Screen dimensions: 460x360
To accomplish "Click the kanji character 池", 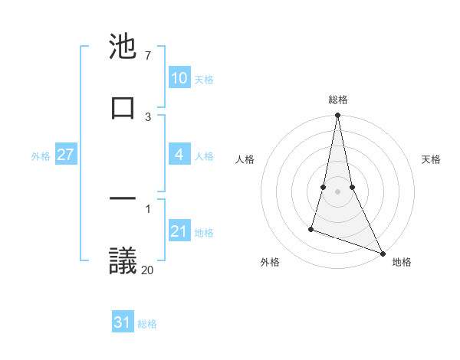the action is tap(123, 47).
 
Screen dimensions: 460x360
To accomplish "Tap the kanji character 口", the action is tap(123, 106).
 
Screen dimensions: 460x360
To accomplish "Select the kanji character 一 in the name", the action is tap(123, 200).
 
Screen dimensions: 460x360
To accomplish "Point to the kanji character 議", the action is tap(123, 260).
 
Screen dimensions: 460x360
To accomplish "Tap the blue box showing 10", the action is tap(179, 78).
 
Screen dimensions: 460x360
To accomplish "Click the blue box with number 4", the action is tap(179, 155).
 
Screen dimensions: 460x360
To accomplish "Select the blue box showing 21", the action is tap(179, 231).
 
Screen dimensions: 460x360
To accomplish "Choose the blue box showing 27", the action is tap(65, 155).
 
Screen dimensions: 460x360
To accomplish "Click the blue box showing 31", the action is tap(123, 323).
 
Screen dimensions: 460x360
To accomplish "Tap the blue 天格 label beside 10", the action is tap(204, 79).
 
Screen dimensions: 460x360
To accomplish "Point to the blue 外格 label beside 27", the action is tap(41, 155).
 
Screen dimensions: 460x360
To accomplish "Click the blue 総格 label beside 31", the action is tap(147, 324).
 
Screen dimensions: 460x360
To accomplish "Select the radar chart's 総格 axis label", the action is tap(338, 100).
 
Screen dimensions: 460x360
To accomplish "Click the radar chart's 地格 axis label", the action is tap(402, 262).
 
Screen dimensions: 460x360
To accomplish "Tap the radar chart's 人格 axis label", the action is tap(245, 159).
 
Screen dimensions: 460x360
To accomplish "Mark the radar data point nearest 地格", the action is tap(382, 253).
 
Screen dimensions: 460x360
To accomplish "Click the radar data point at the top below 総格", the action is tap(337, 116).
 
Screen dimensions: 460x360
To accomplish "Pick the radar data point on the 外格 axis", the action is tap(311, 228).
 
